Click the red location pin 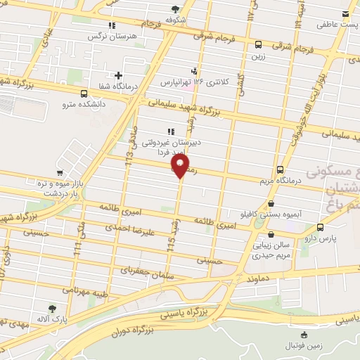click(181, 166)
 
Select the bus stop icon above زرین click(258, 44)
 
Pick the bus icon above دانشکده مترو click(84, 94)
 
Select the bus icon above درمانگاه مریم click(280, 169)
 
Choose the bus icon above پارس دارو click(321, 227)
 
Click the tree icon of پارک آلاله click(51, 308)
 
